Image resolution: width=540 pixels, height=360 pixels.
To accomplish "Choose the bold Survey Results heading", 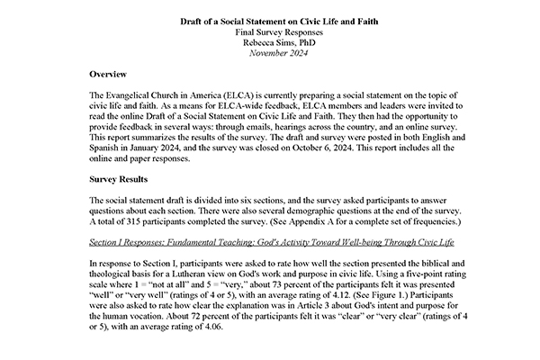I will pos(129,177).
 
